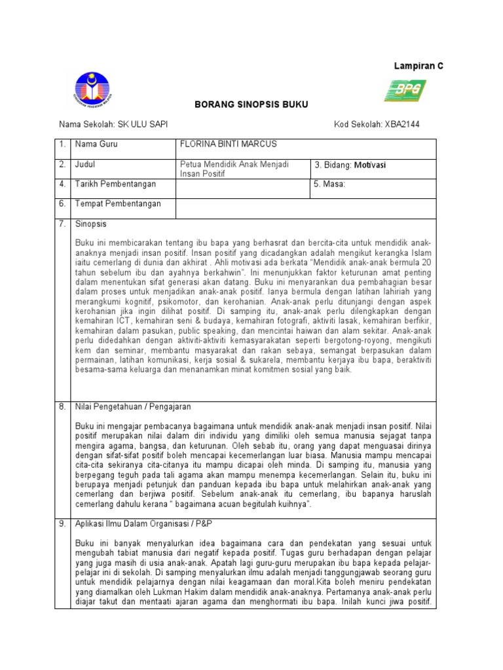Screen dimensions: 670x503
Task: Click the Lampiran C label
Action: tap(418, 67)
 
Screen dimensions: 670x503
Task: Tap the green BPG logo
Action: tap(405, 91)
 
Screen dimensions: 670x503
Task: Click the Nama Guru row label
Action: tap(96, 144)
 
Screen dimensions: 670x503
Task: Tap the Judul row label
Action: tap(86, 164)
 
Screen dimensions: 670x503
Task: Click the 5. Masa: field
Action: tap(329, 185)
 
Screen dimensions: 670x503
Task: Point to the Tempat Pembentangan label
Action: tap(118, 204)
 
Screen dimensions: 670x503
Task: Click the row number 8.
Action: tap(62, 406)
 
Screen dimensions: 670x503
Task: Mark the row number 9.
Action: tap(62, 524)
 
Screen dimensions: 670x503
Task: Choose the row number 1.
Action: tap(62, 144)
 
